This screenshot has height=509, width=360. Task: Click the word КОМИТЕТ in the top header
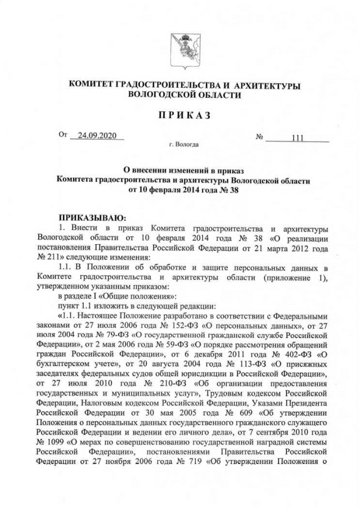point(90,85)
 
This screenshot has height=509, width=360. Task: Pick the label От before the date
point(62,136)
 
